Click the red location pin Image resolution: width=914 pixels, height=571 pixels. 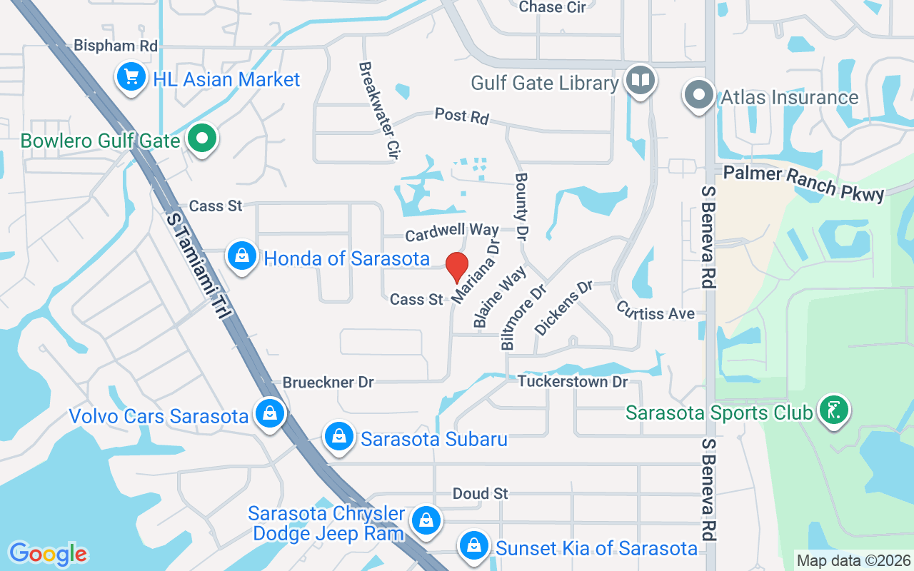pyautogui.click(x=457, y=268)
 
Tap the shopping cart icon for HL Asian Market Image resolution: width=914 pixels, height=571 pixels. pyautogui.click(x=131, y=78)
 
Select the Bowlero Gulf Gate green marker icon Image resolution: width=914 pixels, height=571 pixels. pyautogui.click(x=202, y=139)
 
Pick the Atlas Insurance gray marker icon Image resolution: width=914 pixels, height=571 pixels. pyautogui.click(x=699, y=96)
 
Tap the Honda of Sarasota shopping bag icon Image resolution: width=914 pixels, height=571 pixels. pyautogui.click(x=242, y=256)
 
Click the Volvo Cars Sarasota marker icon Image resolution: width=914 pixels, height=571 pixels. pyautogui.click(x=270, y=414)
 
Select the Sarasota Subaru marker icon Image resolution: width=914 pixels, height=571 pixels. pyautogui.click(x=339, y=437)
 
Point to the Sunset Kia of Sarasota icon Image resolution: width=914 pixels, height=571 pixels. pyautogui.click(x=473, y=547)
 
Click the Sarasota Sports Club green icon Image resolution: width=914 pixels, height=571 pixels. pyautogui.click(x=833, y=411)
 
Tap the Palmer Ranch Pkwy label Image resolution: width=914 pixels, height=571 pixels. pyautogui.click(x=803, y=182)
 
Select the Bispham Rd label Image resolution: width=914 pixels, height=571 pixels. pyautogui.click(x=115, y=46)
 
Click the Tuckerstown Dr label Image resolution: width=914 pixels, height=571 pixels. pyautogui.click(x=573, y=382)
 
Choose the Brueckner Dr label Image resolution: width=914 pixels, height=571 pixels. pyautogui.click(x=328, y=383)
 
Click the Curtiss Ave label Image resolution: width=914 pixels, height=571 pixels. pyautogui.click(x=656, y=310)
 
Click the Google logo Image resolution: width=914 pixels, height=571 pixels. pyautogui.click(x=48, y=553)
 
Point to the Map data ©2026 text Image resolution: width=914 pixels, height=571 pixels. pyautogui.click(x=853, y=560)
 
